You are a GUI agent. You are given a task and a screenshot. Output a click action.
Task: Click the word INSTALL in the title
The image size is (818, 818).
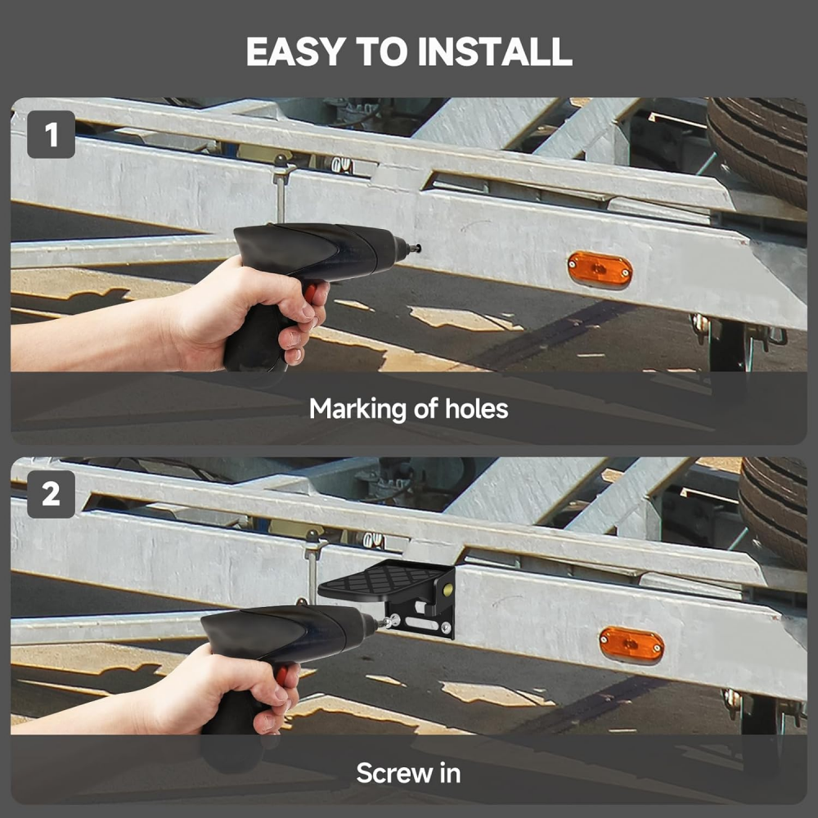point(494,52)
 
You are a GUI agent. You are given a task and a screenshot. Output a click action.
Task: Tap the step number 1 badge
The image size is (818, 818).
point(51,134)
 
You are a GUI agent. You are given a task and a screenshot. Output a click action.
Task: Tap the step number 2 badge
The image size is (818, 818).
point(51,494)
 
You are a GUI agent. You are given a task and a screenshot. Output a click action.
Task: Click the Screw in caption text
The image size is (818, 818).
point(408,772)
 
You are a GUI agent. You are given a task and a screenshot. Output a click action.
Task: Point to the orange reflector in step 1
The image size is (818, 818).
point(600,269)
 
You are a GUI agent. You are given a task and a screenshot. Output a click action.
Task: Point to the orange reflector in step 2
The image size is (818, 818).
point(631,644)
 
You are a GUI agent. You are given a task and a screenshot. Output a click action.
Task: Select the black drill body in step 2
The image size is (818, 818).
point(286,630)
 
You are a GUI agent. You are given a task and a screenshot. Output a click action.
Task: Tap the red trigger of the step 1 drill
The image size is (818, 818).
point(312,292)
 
